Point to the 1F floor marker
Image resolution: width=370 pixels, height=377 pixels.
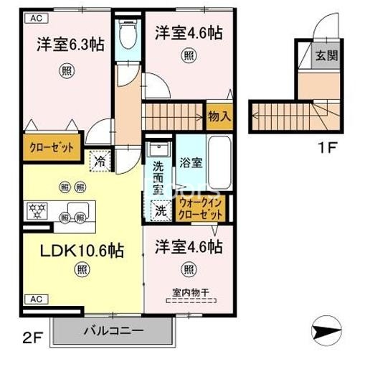pos(326,152)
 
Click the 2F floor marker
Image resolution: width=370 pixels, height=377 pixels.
pos(32,335)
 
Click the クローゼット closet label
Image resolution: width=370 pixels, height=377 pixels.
pos(52,149)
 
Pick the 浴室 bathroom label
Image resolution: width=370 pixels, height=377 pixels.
pos(191,162)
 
